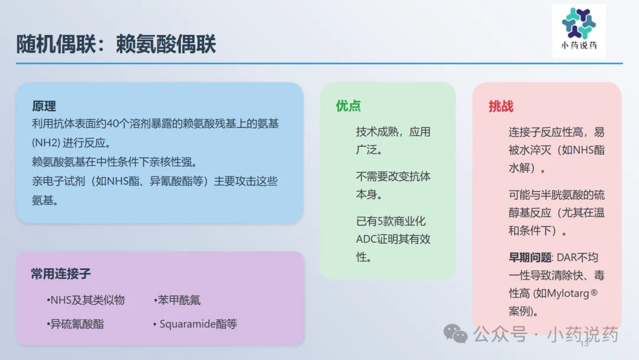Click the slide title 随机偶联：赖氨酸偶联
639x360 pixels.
pyautogui.click(x=116, y=44)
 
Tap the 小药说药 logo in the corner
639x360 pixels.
pyautogui.click(x=579, y=31)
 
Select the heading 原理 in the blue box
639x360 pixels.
pyautogui.click(x=44, y=107)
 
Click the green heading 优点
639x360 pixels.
pyautogui.click(x=348, y=106)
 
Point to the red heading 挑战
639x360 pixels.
pyautogui.click(x=501, y=107)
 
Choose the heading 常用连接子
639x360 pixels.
pyautogui.click(x=61, y=274)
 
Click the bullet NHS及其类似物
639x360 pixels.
pyautogui.click(x=86, y=300)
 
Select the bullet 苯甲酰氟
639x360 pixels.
pyautogui.click(x=177, y=300)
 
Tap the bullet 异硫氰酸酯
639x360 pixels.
pyautogui.click(x=75, y=324)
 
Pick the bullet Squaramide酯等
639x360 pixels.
pyautogui.click(x=195, y=324)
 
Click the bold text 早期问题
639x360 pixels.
pyautogui.click(x=530, y=258)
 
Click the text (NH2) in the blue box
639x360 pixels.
pyautogui.click(x=46, y=143)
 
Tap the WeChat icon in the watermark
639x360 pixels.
pyautogui.click(x=455, y=334)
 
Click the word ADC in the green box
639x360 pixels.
pyautogui.click(x=366, y=239)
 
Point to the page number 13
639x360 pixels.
pyautogui.click(x=585, y=344)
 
